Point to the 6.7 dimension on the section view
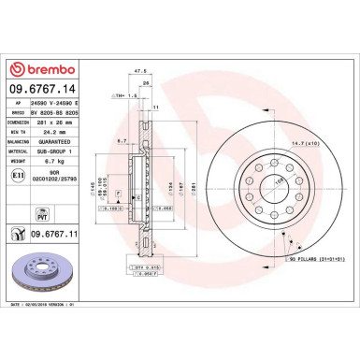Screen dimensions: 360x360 pos(122,141)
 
